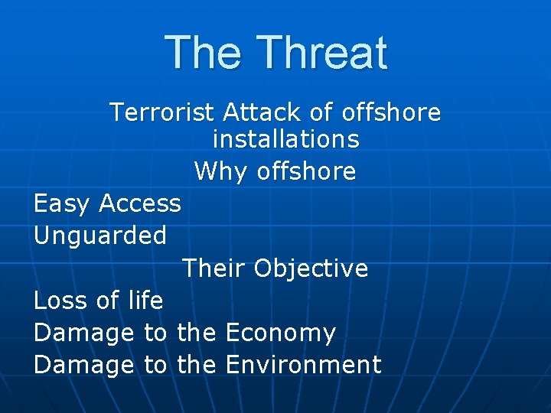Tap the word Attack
click(x=263, y=112)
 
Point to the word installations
click(x=285, y=140)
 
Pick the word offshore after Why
click(x=306, y=171)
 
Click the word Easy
click(x=62, y=203)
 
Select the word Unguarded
click(x=100, y=236)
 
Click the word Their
click(x=214, y=268)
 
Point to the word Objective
click(x=311, y=268)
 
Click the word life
click(x=145, y=301)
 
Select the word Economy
click(x=281, y=333)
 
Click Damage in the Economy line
click(x=84, y=333)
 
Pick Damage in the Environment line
click(x=84, y=365)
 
